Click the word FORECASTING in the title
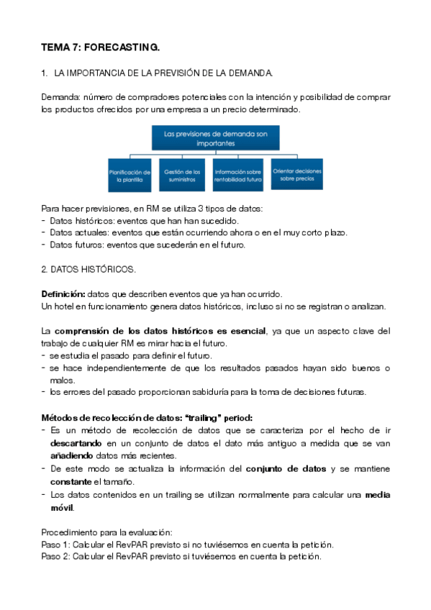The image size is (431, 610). (122, 47)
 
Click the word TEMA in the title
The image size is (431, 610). (55, 47)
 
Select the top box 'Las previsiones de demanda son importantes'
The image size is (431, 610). (215, 139)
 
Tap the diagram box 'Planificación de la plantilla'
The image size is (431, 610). (130, 176)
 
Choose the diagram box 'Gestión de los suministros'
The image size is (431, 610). (183, 176)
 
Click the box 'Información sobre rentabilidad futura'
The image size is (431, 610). (237, 176)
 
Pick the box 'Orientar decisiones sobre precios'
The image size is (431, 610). (297, 176)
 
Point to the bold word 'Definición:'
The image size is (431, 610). (63, 294)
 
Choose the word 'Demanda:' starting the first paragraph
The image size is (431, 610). (61, 97)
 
